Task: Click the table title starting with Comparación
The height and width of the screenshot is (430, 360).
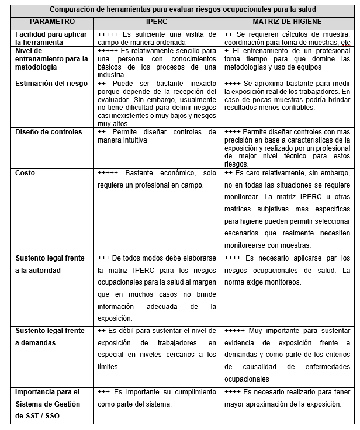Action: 182,9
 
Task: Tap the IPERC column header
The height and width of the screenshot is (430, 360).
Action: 157,21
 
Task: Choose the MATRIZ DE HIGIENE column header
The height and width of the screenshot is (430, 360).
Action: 286,21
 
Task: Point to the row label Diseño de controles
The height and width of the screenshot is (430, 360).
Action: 49,132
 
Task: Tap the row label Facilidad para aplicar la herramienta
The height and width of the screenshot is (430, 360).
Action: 50,39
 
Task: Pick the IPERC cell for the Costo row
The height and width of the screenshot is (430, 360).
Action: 157,179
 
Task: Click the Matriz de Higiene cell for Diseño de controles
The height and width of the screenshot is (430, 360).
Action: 286,148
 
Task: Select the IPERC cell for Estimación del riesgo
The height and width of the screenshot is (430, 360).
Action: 157,104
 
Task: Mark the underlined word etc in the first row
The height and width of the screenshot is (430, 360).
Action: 346,43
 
